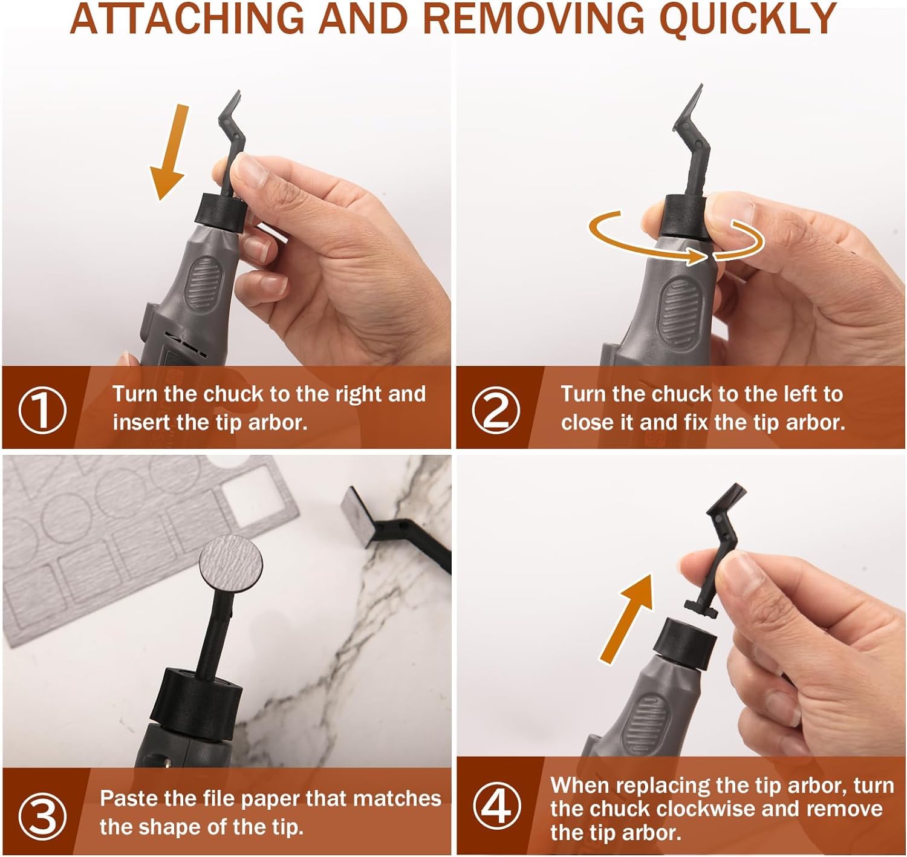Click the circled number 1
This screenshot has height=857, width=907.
click(x=42, y=409)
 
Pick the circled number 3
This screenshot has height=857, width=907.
click(x=42, y=816)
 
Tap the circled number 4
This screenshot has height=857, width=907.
click(x=496, y=807)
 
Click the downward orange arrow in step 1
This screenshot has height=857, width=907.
click(x=170, y=152)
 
